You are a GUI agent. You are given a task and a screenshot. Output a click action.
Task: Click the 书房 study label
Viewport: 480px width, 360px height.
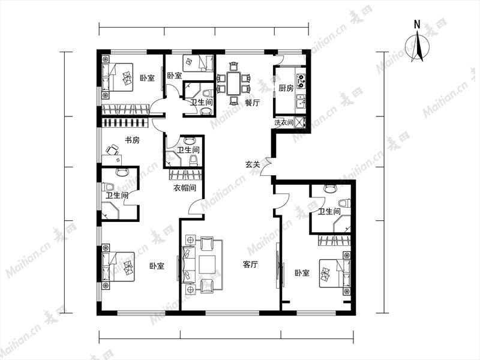(x=132, y=140)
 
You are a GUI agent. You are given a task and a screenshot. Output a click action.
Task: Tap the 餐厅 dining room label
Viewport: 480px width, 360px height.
(x=252, y=103)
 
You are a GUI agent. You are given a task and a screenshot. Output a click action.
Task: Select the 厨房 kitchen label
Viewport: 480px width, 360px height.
(x=286, y=88)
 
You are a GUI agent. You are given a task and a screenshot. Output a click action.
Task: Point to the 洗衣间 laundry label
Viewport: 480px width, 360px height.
(x=284, y=123)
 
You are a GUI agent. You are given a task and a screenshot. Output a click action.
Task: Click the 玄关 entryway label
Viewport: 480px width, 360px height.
(x=253, y=164)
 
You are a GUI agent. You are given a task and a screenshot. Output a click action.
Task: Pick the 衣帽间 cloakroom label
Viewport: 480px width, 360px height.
(x=185, y=188)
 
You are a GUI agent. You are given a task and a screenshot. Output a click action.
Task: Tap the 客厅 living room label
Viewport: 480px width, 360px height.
(x=250, y=264)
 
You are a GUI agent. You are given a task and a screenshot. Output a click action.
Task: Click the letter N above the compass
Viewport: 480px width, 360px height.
(x=417, y=25)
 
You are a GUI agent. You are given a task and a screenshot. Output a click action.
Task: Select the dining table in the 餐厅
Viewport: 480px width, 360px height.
(x=233, y=83)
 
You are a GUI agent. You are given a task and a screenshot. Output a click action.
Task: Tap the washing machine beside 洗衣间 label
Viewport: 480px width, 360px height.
(x=299, y=122)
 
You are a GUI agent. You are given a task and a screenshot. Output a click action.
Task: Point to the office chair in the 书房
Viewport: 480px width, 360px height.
(x=112, y=149)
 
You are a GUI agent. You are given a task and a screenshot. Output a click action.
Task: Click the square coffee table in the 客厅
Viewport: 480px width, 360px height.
(x=207, y=264)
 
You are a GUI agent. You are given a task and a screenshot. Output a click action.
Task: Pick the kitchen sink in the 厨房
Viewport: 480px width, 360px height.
(x=301, y=102)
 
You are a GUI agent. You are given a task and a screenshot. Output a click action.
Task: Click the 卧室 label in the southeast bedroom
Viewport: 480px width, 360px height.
(x=302, y=272)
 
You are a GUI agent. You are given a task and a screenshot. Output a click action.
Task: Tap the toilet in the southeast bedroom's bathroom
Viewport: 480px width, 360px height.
(x=344, y=203)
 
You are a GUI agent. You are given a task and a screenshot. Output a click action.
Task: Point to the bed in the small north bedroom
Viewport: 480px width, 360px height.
(x=198, y=63)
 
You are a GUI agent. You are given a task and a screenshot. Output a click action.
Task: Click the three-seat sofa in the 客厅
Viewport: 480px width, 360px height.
(x=189, y=264)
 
